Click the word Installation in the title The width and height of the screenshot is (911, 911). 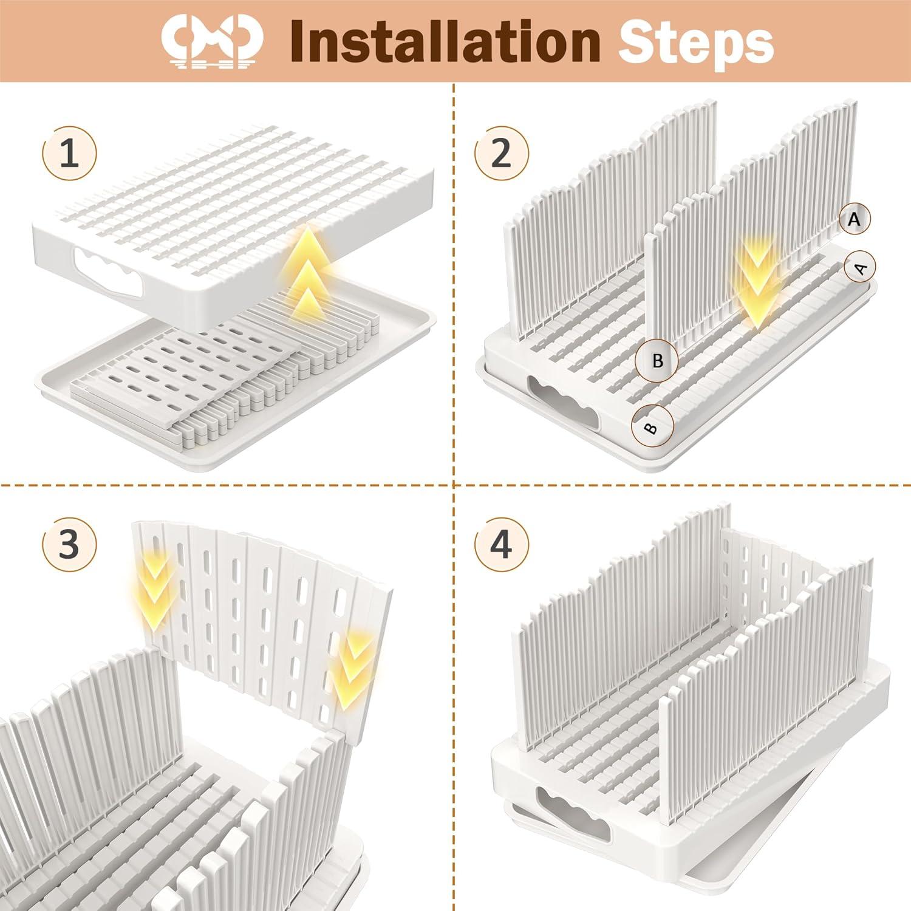point(445,41)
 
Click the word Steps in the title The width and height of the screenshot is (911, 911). point(695,41)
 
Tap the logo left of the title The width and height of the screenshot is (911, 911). point(212,41)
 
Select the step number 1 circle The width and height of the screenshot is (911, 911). point(70,154)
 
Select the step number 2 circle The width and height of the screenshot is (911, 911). point(501,154)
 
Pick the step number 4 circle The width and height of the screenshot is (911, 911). point(501,545)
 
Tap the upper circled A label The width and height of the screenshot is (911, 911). point(855,219)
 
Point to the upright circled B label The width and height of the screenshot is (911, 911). point(657,361)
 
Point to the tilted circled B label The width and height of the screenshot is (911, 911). point(652,426)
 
